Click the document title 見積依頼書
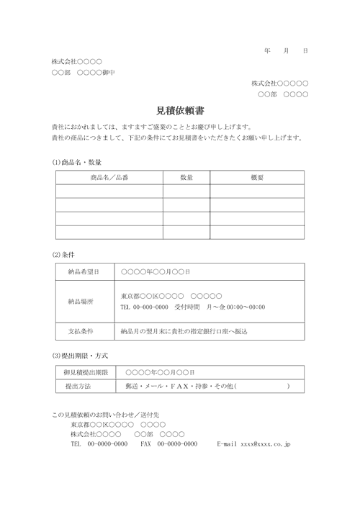coord(179,111)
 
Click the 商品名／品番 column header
coord(109,177)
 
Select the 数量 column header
coord(186,177)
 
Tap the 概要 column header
coord(256,177)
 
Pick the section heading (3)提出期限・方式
coord(81,355)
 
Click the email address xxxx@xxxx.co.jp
coord(266,445)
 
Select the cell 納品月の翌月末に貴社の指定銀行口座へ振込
coord(184,331)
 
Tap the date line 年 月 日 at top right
coord(286,51)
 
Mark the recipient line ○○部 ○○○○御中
coord(84,73)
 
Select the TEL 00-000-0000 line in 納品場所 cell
coord(144,307)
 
